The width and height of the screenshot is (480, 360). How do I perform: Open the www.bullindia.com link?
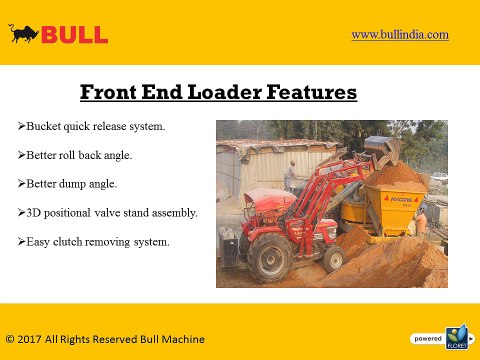(x=399, y=34)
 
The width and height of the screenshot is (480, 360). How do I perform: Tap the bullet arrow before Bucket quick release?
(x=22, y=128)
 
